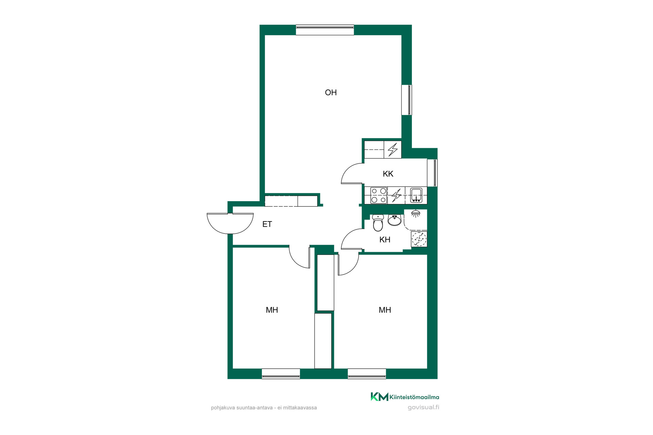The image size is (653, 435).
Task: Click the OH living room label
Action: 331,92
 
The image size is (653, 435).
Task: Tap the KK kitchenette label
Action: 388,174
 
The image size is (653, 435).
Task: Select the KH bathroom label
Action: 385,240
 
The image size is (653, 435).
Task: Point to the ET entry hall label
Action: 267,224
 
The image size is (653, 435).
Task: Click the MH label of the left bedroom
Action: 272,310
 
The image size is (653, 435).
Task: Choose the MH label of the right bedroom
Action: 385,310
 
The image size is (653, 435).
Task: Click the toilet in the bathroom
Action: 378,223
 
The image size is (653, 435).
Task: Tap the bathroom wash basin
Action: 395,220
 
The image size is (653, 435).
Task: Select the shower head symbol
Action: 415,213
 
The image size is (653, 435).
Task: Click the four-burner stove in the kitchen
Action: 379,195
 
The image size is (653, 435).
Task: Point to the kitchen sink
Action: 416,195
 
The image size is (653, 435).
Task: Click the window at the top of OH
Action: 325,30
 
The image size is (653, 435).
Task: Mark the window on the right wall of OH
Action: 406,100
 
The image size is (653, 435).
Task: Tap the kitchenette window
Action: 432,173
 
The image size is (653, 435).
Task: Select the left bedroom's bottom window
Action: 281,374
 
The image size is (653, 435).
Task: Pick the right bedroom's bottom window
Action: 367,374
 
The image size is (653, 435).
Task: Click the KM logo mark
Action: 379,397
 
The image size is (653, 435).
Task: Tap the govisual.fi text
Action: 423,407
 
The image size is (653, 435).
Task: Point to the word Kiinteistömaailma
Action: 414,397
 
